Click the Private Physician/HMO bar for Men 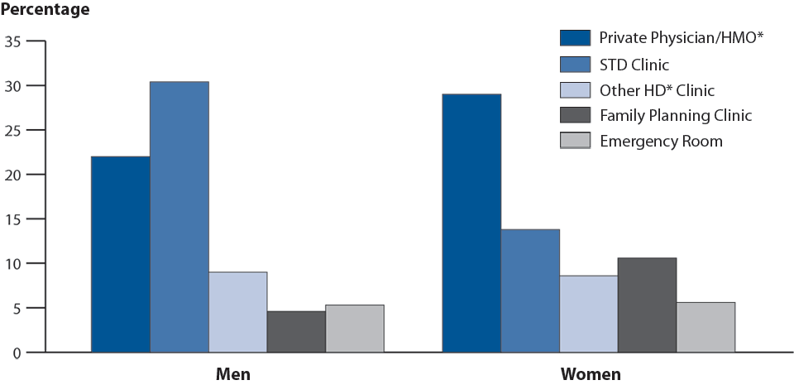pos(121,254)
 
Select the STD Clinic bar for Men pos(179,217)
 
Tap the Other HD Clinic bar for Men pos(237,312)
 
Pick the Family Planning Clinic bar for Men pos(296,332)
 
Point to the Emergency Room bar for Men pos(355,329)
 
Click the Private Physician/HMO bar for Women pos(471,224)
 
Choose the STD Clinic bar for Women pos(530,291)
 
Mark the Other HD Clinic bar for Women pos(589,314)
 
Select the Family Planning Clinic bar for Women pos(647,305)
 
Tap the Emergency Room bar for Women pos(706,327)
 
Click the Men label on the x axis pos(233,374)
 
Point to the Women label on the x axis pos(591,374)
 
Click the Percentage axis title pos(45,11)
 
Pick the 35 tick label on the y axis pos(14,41)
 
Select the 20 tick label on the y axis pos(14,175)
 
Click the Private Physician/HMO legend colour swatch pos(575,37)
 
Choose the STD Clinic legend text pos(635,64)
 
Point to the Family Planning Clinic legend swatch pos(575,115)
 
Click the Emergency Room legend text pos(662,141)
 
